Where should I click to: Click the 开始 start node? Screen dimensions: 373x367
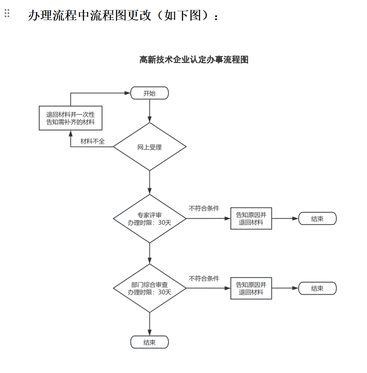click(x=149, y=93)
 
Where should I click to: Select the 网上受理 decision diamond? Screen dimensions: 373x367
click(x=149, y=147)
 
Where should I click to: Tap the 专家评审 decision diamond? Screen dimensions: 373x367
click(x=149, y=219)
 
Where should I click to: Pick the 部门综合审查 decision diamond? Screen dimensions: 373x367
click(x=149, y=288)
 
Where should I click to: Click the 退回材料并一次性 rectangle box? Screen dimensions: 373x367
click(x=71, y=118)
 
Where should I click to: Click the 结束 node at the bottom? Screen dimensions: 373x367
click(x=149, y=342)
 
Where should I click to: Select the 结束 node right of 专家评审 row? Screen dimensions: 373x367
click(x=317, y=219)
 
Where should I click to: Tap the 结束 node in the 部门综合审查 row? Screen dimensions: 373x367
click(x=317, y=288)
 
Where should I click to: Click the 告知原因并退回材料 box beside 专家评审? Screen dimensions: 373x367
click(x=251, y=218)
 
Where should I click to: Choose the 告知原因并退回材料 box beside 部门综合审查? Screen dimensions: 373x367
click(x=251, y=288)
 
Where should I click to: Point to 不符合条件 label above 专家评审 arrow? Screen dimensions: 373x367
click(x=204, y=208)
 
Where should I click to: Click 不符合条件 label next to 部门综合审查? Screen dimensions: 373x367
click(x=204, y=278)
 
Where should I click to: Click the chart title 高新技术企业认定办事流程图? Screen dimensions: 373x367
click(x=194, y=60)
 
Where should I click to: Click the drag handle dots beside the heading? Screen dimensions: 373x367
click(x=7, y=13)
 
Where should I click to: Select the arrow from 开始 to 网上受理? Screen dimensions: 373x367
click(x=149, y=111)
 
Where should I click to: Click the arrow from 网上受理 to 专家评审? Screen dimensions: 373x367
click(x=149, y=182)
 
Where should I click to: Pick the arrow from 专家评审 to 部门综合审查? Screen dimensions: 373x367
click(x=149, y=253)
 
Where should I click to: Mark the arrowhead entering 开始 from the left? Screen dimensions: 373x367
click(x=127, y=93)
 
